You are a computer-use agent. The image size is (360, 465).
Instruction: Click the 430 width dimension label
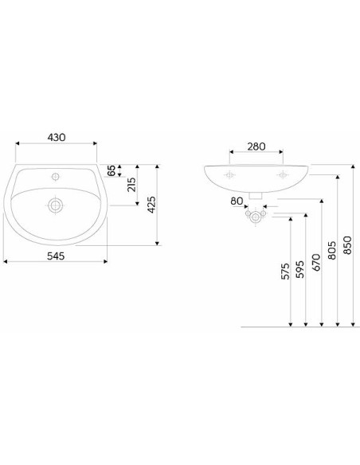[x=57, y=137]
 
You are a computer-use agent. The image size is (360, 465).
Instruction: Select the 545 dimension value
[x=56, y=256]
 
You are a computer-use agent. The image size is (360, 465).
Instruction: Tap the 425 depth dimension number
[x=151, y=205]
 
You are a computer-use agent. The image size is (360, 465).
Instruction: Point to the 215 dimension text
[x=131, y=185]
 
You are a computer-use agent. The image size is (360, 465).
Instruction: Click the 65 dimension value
[x=112, y=171]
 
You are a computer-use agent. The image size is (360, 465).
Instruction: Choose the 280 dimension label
[x=256, y=147]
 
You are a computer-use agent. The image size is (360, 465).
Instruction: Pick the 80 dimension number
[x=237, y=201]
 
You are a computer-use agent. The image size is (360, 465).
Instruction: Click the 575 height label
[x=284, y=271]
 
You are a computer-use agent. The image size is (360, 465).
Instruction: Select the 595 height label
[x=300, y=269]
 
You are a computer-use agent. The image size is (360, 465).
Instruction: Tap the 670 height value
[x=316, y=262]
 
